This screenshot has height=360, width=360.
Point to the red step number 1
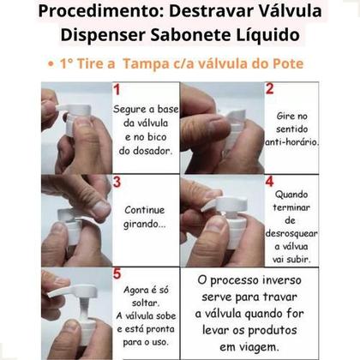coord(117,89)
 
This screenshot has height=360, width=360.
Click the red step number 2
coord(269,89)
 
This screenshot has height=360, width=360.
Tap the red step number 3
coord(117,182)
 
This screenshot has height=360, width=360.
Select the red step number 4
coord(269,182)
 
